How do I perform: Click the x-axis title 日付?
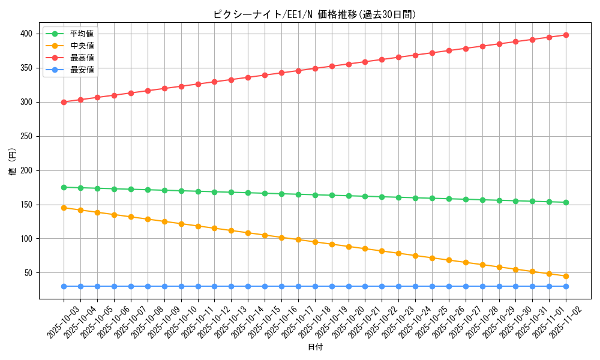click(315, 347)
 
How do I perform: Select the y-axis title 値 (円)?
click(13, 162)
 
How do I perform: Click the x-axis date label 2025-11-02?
click(566, 322)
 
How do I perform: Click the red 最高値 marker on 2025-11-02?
click(566, 35)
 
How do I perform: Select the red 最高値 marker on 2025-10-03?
click(64, 102)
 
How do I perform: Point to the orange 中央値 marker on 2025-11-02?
click(566, 276)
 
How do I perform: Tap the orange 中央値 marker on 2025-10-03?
click(64, 208)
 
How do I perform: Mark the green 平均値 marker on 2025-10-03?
click(64, 187)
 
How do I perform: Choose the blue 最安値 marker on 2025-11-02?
click(566, 286)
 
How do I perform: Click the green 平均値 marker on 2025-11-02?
click(566, 202)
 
